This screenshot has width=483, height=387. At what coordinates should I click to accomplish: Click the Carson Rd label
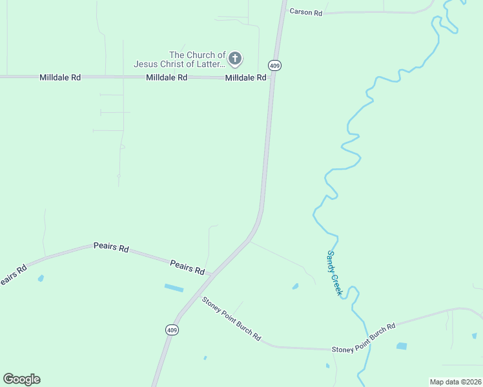tap(305, 12)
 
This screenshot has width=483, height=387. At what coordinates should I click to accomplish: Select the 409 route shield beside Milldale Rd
tap(275, 65)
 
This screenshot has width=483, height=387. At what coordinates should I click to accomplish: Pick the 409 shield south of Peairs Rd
tap(172, 330)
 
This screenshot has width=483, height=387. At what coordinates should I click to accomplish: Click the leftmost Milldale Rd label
tap(60, 77)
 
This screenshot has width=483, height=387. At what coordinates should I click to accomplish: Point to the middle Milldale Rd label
tap(167, 77)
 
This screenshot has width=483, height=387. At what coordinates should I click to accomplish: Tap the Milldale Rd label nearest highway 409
tap(245, 77)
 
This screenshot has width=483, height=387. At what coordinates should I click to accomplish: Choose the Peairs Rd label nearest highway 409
tap(187, 266)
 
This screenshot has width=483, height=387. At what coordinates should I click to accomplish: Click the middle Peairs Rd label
tap(111, 247)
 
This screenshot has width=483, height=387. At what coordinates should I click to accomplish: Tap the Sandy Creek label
tap(334, 273)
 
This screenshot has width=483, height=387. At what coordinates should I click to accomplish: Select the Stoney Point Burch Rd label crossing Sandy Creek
tap(363, 339)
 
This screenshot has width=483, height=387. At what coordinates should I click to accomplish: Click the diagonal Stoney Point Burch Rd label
tap(231, 319)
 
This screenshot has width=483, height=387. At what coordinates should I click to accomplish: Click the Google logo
tap(21, 379)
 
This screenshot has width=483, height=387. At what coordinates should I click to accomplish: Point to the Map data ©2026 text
tap(455, 382)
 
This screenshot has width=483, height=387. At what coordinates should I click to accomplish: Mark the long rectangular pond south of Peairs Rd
tap(174, 288)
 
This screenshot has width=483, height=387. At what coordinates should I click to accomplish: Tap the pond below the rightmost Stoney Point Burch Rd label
tap(402, 346)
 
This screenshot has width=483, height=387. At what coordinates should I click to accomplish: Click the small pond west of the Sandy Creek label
tap(295, 286)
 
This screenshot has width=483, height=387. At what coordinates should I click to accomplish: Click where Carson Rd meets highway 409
tap(282, 12)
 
